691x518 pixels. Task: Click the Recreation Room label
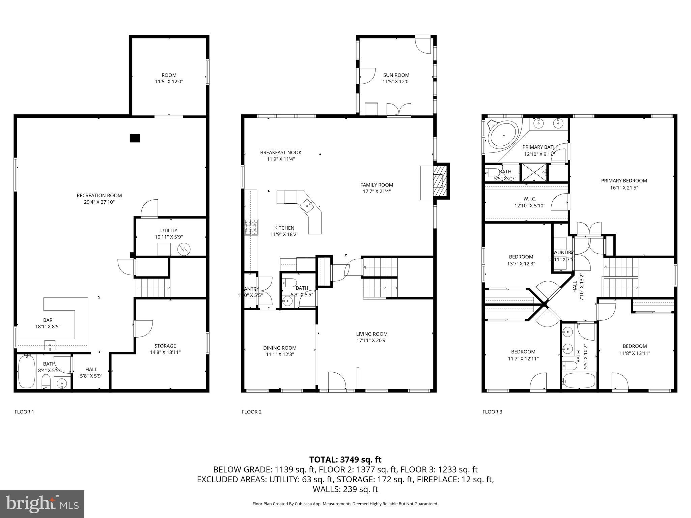99,196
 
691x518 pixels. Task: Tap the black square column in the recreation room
135,138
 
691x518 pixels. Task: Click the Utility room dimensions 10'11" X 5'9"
169,237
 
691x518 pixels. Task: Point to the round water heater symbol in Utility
184,249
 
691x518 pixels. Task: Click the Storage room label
165,346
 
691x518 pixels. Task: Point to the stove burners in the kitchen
251,227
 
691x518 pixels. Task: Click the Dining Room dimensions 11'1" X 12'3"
280,354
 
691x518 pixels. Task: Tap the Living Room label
372,334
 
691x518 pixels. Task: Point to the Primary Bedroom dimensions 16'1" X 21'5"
624,188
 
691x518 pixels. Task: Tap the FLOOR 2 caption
252,412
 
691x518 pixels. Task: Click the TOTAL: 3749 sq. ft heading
345,460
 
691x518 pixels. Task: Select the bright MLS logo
42,504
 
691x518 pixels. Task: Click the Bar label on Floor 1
48,320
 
